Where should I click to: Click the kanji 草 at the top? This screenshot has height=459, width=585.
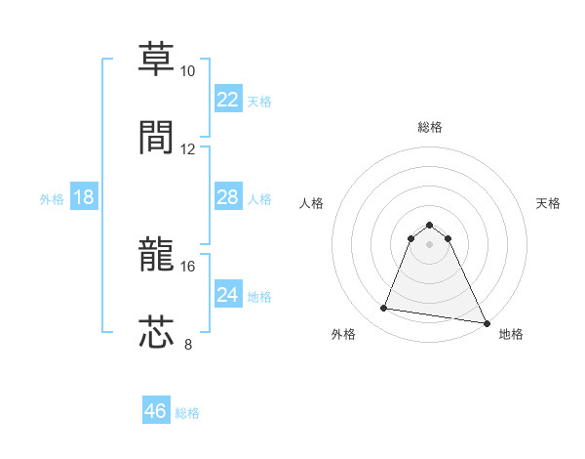(156, 62)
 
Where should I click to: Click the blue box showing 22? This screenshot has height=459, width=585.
(227, 100)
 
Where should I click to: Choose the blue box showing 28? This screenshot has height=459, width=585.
(227, 197)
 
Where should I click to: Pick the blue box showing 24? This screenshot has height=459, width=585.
(227, 295)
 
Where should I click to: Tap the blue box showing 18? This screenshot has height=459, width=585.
(84, 197)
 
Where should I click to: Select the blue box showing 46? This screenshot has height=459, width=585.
(156, 411)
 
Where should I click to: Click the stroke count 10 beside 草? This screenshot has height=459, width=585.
(188, 71)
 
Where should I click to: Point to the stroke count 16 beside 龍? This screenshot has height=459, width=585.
(188, 266)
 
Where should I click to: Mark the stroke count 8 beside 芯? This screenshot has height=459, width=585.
(188, 343)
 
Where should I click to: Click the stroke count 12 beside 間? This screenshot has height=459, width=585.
(188, 148)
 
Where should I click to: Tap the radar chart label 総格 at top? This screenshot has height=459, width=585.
(429, 127)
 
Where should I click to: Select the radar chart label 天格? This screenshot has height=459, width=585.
(548, 203)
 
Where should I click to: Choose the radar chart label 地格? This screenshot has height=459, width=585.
(511, 334)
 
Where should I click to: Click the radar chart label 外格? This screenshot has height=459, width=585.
(343, 334)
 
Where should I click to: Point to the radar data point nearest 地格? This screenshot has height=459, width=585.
(487, 322)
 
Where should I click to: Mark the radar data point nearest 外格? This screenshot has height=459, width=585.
(384, 309)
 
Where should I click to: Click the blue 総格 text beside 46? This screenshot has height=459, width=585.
(187, 412)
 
